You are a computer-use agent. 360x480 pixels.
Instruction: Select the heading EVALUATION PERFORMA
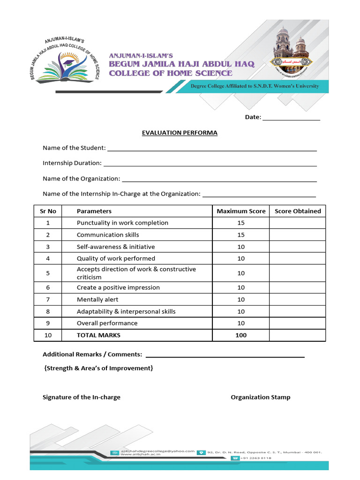[180, 133]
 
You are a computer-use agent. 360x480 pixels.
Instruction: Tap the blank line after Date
[291, 117]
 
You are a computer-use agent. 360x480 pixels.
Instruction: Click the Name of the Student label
[74, 148]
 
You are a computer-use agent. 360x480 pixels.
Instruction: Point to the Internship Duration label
[72, 163]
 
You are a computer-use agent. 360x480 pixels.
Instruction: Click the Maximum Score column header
[241, 211]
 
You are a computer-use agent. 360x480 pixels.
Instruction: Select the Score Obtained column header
[298, 211]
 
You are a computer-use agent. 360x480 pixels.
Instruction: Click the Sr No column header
[48, 211]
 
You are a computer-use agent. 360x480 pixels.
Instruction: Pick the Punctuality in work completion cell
[122, 223]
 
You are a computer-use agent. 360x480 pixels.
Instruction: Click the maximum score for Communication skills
[241, 235]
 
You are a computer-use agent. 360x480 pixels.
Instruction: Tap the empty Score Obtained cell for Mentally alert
[297, 300]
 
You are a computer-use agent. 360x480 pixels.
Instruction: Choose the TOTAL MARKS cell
[98, 335]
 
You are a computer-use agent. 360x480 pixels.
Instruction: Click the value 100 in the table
[241, 335]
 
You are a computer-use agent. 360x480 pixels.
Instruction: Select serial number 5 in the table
[48, 273]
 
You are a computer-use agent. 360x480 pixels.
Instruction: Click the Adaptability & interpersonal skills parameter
[126, 311]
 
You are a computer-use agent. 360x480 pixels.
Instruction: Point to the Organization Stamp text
[261, 397]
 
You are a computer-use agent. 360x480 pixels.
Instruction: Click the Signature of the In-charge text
[82, 397]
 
